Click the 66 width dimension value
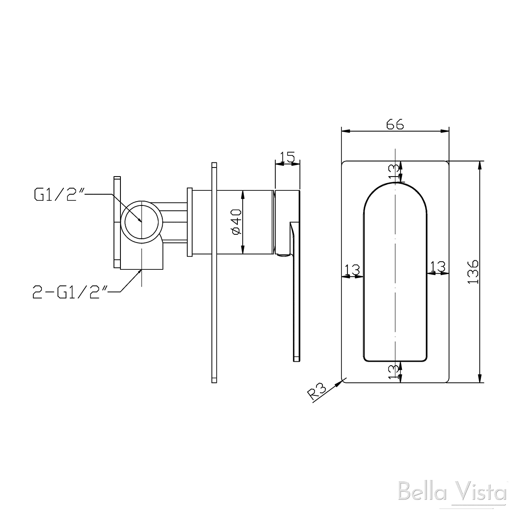395,124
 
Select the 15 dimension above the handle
287,157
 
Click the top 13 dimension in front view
393,172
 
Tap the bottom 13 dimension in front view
393,371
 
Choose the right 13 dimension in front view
438,267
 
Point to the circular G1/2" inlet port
141,220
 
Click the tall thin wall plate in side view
214,272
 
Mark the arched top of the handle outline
395,186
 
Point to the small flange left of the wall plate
189,222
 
